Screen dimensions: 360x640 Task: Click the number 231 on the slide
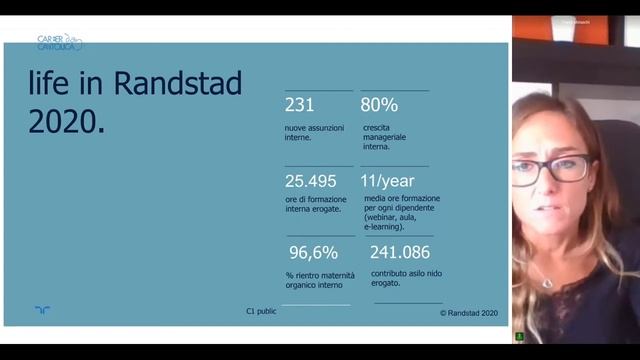click(x=299, y=105)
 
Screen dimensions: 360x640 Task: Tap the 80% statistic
click(x=380, y=105)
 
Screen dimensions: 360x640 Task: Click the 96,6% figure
click(x=313, y=252)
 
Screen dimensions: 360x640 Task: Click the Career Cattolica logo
click(x=60, y=42)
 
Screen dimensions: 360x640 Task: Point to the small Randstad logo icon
click(x=42, y=311)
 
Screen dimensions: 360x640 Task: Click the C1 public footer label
click(x=261, y=311)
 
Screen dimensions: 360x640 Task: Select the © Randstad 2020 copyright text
click(x=468, y=312)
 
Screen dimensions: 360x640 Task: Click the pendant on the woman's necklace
click(x=546, y=283)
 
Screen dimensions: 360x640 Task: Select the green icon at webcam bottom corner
click(x=519, y=336)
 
